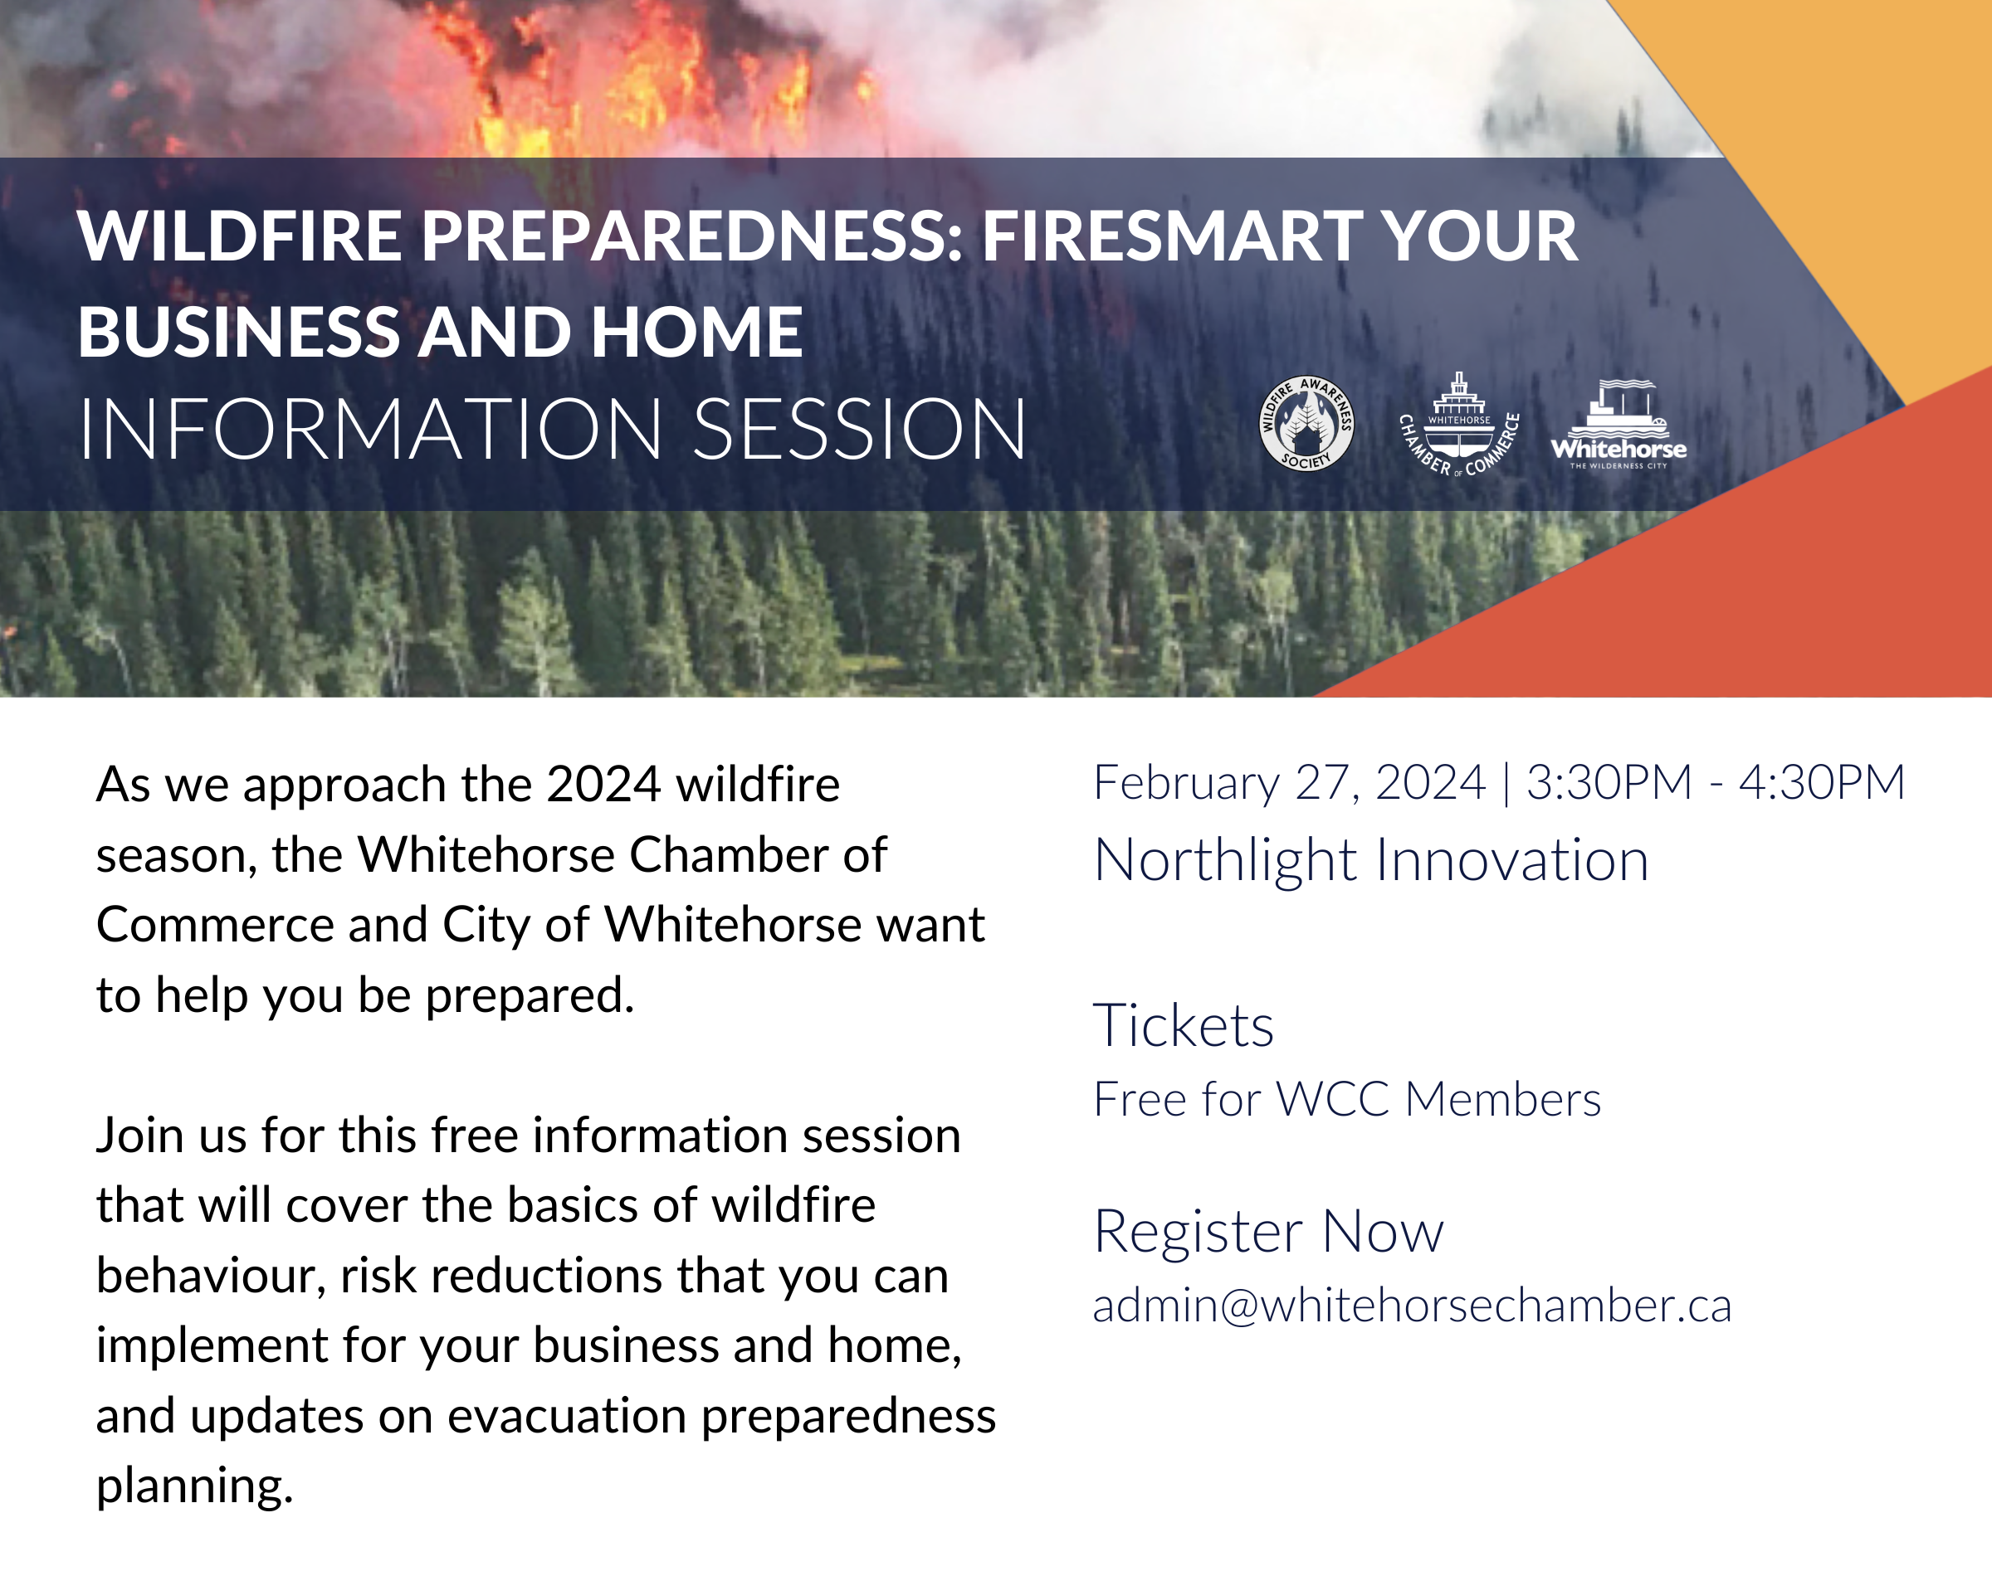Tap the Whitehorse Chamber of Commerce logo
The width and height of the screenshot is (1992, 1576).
click(1459, 425)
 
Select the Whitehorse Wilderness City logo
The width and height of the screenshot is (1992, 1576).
click(1619, 425)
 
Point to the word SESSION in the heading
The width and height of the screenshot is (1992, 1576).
click(858, 429)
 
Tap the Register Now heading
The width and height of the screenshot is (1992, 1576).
click(1268, 1231)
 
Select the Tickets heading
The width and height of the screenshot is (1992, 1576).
click(1184, 1025)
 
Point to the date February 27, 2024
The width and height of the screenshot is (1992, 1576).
click(1290, 783)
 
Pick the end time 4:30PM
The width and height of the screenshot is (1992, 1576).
click(1822, 782)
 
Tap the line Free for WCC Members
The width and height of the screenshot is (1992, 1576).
click(1347, 1099)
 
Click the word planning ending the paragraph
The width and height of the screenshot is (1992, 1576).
click(195, 1486)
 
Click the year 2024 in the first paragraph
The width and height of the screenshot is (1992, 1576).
click(603, 785)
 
